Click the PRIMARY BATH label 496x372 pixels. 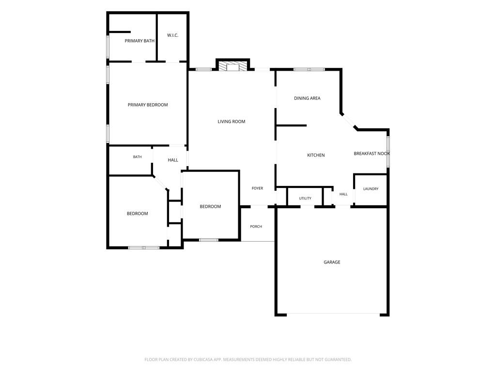[139, 41]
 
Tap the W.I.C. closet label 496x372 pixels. [173, 35]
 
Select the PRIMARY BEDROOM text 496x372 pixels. [148, 105]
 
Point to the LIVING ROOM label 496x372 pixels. [231, 122]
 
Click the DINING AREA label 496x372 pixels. [307, 98]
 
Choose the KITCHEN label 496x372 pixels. [316, 155]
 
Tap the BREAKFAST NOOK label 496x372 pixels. [372, 154]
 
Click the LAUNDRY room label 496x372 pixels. [371, 189]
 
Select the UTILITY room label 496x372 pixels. [305, 198]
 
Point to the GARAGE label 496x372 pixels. [332, 262]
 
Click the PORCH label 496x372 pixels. [256, 227]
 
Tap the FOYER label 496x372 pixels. [258, 188]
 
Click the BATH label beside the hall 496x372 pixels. [137, 157]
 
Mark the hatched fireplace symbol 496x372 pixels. [233, 66]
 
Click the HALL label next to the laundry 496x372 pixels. [343, 194]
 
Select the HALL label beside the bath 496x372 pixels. [173, 160]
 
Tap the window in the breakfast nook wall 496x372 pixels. [388, 152]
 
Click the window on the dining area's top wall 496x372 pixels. [309, 69]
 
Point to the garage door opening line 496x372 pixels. [333, 314]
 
